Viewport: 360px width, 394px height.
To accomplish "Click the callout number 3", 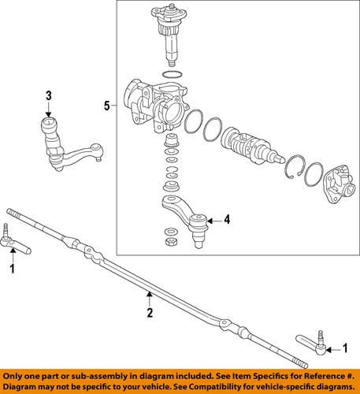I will point(48,96).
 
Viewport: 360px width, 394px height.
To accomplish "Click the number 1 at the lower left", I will point(12,269).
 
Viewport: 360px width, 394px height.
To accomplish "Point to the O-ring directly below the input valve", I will point(168,75).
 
